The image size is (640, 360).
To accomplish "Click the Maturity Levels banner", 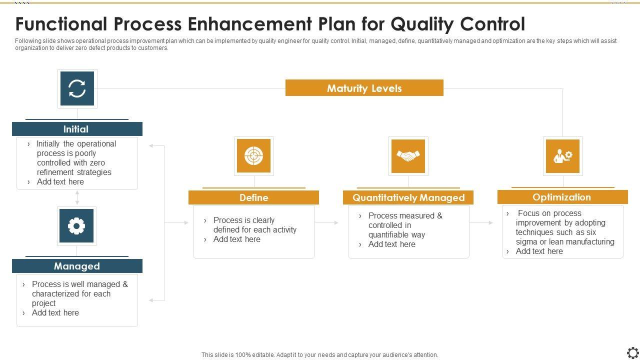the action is coord(364,88).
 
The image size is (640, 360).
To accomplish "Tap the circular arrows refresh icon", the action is coord(77,88).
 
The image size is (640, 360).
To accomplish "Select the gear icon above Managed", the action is coord(76,226).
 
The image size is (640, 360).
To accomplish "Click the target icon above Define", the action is coord(253,156).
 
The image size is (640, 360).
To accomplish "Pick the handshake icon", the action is coord(408,156).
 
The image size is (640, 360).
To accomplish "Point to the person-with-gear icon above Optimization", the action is coord(562,156).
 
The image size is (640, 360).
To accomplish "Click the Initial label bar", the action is coord(77,129).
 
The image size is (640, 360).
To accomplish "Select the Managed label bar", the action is coord(77,266).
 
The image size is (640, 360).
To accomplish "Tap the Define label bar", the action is coord(253,197).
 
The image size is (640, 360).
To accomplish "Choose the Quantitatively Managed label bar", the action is coord(408,197).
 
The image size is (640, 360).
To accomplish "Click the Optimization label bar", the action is coord(562,197).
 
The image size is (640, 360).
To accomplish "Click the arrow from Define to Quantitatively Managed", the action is coord(328,222).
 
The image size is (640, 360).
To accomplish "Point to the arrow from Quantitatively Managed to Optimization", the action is coord(482,222).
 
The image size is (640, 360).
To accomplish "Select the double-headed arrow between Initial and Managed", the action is coord(77,197).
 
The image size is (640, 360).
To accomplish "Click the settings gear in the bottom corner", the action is coord(632,352).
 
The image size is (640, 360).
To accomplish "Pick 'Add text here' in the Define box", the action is coord(236,239).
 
